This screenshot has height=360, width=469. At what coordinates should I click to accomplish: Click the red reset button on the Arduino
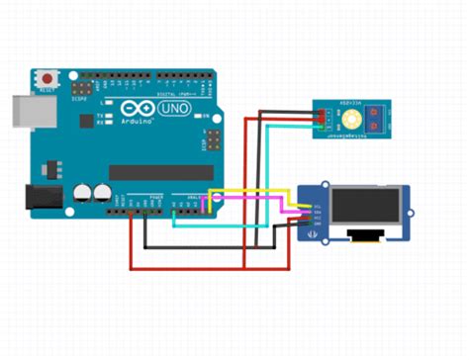[47, 76]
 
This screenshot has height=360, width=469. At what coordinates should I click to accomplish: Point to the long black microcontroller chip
[158, 174]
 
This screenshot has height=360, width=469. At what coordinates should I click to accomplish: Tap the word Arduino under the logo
[140, 122]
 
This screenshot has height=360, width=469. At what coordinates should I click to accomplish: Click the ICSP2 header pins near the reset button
[87, 87]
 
